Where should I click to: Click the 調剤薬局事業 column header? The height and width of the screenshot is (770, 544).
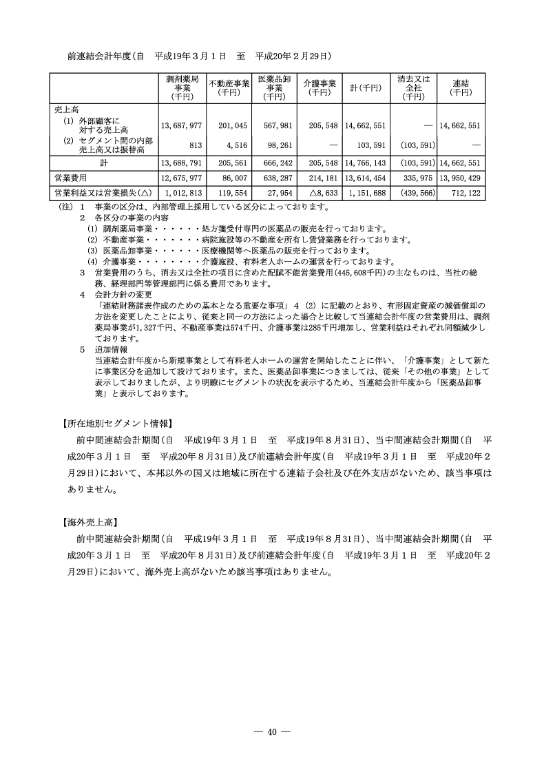coord(182,88)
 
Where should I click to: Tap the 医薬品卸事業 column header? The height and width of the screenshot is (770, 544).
coord(273,88)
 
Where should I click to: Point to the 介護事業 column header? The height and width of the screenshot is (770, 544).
coord(319,87)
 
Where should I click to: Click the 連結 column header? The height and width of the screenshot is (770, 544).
coord(461,87)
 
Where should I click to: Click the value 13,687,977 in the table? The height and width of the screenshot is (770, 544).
coord(182,125)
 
